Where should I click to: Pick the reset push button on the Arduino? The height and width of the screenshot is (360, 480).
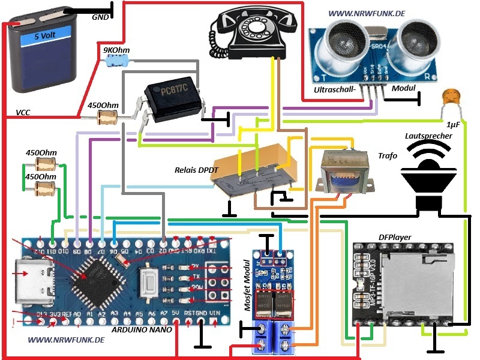point(149,280)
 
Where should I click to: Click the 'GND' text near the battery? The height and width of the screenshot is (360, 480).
point(100,17)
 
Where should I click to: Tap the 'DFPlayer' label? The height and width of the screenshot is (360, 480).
point(395,238)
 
